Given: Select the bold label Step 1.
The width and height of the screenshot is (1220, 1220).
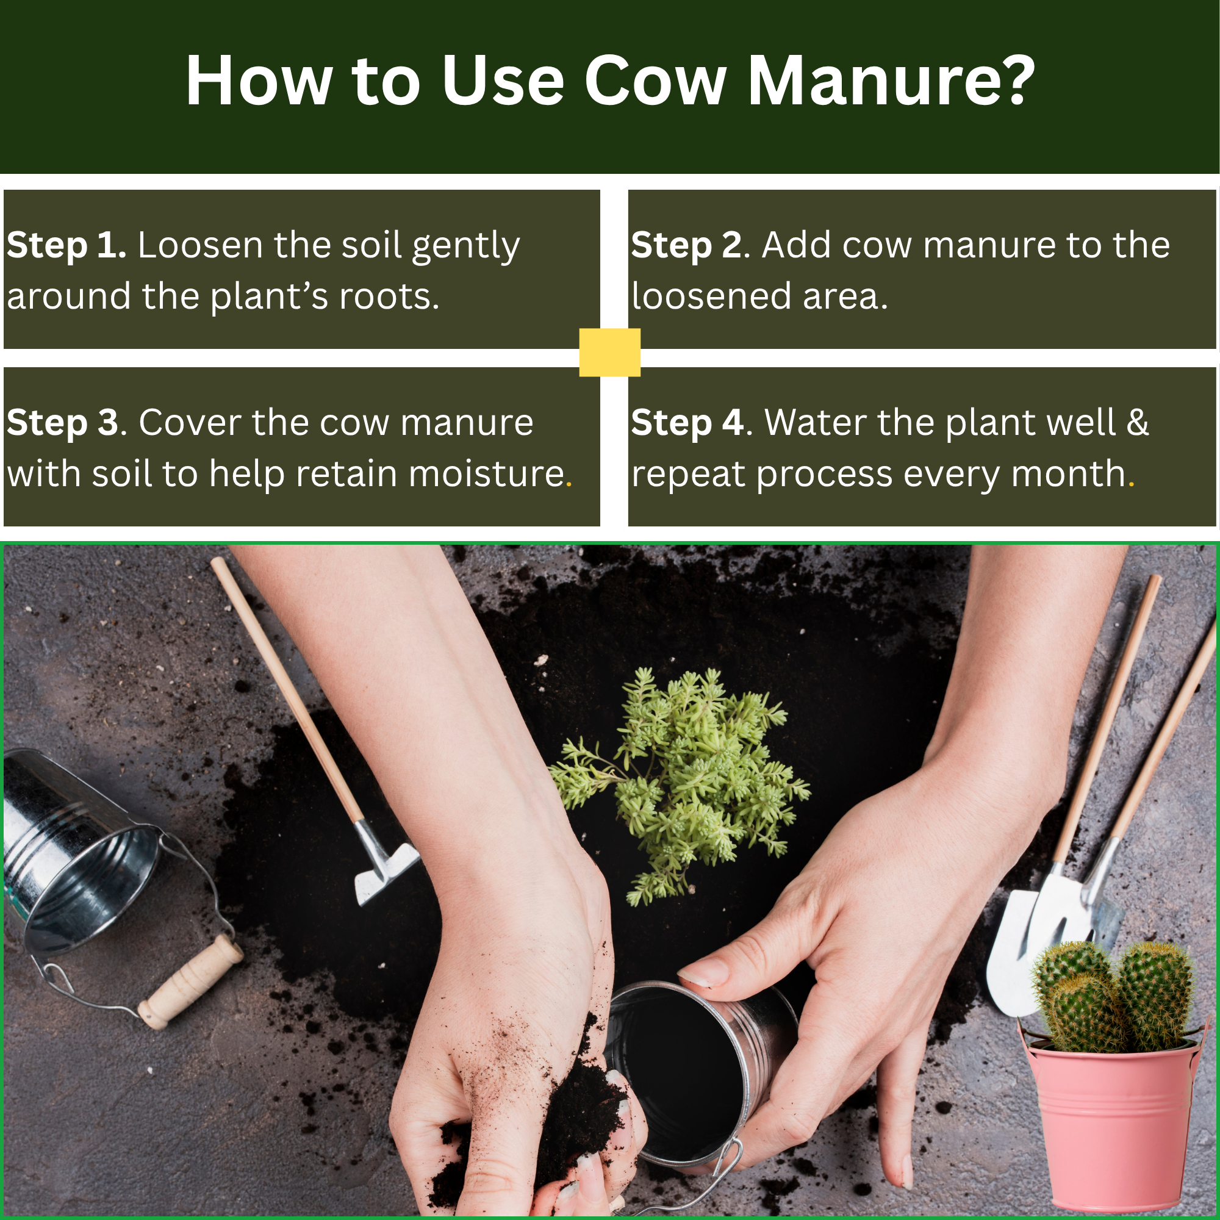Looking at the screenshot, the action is point(66,246).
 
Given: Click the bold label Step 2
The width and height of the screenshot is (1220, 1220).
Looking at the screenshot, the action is point(686,246).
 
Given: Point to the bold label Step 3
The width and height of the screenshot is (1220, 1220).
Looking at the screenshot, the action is point(62,423).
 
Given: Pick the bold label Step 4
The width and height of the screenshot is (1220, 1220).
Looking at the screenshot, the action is point(687,423).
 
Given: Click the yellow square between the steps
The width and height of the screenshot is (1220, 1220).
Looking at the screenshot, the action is point(609,353).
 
